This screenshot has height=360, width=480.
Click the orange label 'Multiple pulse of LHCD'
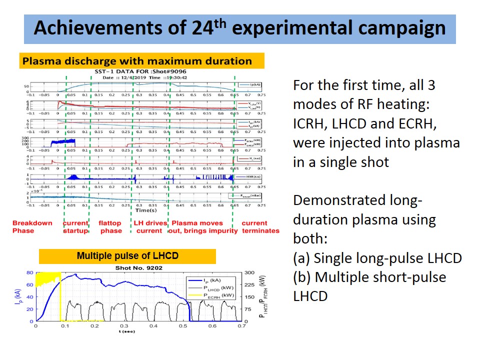(x=127, y=256)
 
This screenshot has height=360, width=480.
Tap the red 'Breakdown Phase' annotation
(x=32, y=226)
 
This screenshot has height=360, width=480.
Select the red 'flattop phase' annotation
(x=110, y=226)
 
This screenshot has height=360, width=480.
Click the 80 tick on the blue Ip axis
(x=29, y=273)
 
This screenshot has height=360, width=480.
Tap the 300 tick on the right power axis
(x=249, y=273)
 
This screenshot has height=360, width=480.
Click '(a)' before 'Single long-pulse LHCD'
(x=302, y=258)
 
